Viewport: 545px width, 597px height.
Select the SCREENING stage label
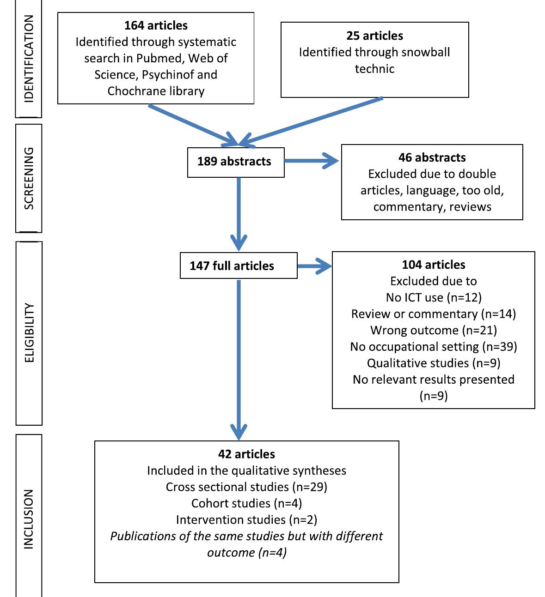click(29, 178)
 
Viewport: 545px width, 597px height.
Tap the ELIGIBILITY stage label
click(29, 332)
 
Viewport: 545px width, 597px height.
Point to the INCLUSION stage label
click(29, 519)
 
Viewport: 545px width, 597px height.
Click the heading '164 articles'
click(156, 25)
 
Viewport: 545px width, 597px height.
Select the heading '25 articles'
click(374, 36)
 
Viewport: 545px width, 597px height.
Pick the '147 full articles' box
click(238, 266)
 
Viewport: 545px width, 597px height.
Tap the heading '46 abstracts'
click(432, 158)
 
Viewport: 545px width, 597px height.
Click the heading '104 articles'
click(433, 265)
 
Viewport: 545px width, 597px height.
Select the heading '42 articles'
click(246, 454)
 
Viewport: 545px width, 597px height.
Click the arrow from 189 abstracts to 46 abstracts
click(312, 161)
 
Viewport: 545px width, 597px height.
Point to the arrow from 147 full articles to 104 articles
click(314, 266)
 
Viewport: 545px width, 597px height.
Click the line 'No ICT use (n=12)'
click(433, 298)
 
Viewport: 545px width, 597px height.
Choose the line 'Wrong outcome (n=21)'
click(433, 331)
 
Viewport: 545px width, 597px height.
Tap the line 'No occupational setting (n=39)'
click(433, 347)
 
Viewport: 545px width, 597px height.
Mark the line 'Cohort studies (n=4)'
click(246, 503)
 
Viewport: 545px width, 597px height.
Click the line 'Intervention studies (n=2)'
click(246, 520)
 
